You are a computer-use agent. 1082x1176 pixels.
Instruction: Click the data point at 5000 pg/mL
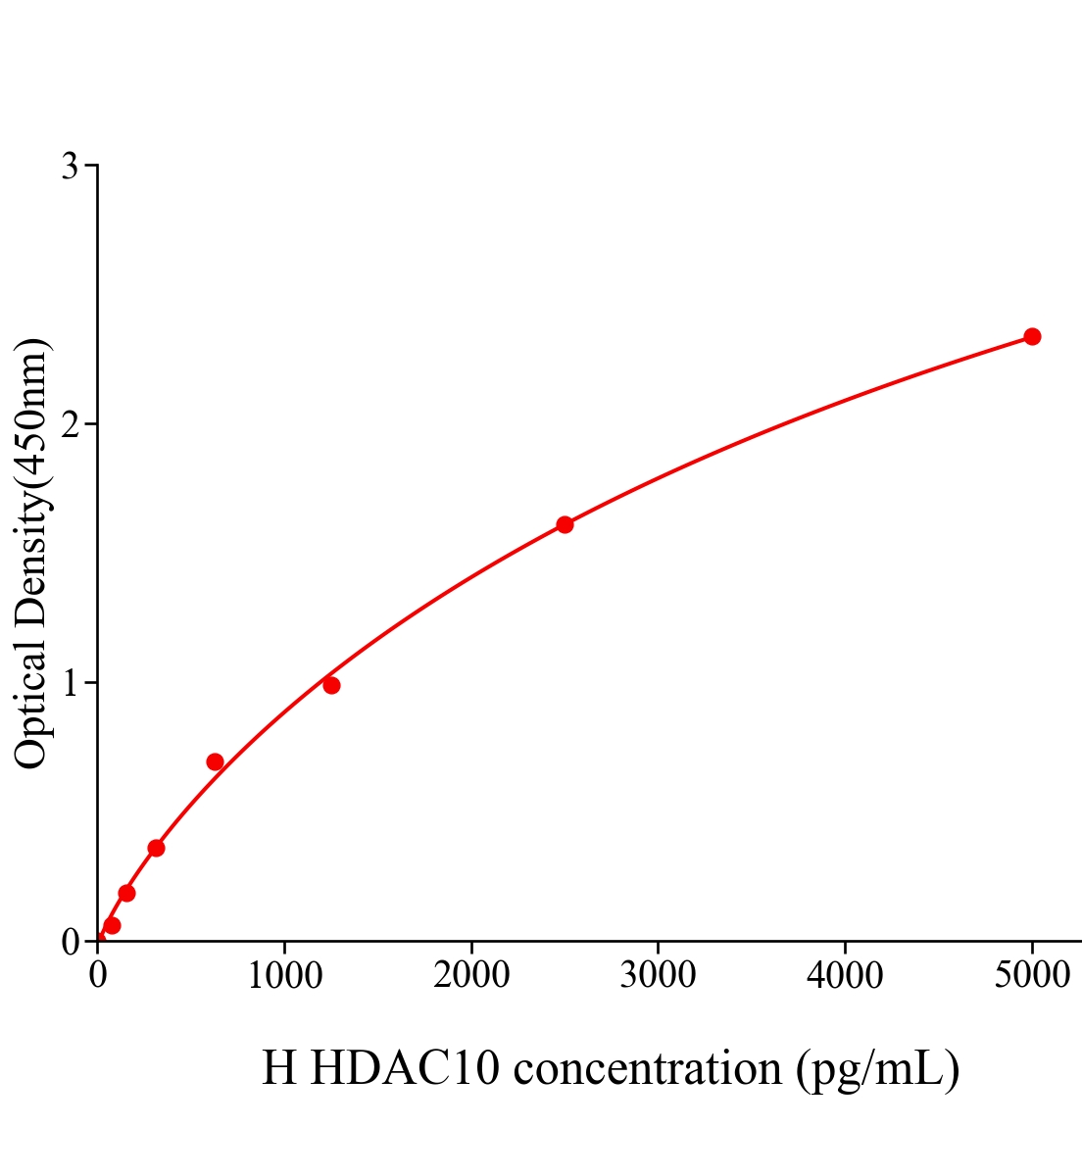pyautogui.click(x=1031, y=336)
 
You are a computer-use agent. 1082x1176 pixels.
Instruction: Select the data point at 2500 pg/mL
pyautogui.click(x=565, y=524)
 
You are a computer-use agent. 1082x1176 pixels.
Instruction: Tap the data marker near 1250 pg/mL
pyautogui.click(x=331, y=685)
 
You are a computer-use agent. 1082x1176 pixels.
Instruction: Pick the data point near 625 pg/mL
pyautogui.click(x=215, y=761)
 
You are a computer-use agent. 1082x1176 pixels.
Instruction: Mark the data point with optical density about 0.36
pyautogui.click(x=156, y=848)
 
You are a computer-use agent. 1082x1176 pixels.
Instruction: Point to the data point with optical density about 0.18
pyautogui.click(x=126, y=893)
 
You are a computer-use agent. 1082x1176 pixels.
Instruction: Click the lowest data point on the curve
pyautogui.click(x=112, y=925)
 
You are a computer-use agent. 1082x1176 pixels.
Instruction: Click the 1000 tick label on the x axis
pyautogui.click(x=284, y=975)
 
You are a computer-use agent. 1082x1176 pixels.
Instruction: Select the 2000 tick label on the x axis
pyautogui.click(x=471, y=975)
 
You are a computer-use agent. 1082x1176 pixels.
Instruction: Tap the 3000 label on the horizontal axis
pyautogui.click(x=658, y=975)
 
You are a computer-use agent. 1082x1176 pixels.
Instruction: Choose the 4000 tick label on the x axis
pyautogui.click(x=845, y=975)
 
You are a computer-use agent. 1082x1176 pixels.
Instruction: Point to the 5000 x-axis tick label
pyautogui.click(x=1031, y=975)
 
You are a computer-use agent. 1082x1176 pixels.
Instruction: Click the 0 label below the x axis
pyautogui.click(x=98, y=975)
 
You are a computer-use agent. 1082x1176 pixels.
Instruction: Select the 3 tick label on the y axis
pyautogui.click(x=70, y=167)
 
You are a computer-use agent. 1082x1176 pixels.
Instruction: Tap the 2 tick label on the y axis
pyautogui.click(x=70, y=424)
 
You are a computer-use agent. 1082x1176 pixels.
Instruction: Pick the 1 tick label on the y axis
pyautogui.click(x=70, y=683)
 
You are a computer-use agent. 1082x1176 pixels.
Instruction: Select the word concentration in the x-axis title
pyautogui.click(x=647, y=1067)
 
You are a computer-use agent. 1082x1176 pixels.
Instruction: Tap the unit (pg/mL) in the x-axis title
pyautogui.click(x=877, y=1069)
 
